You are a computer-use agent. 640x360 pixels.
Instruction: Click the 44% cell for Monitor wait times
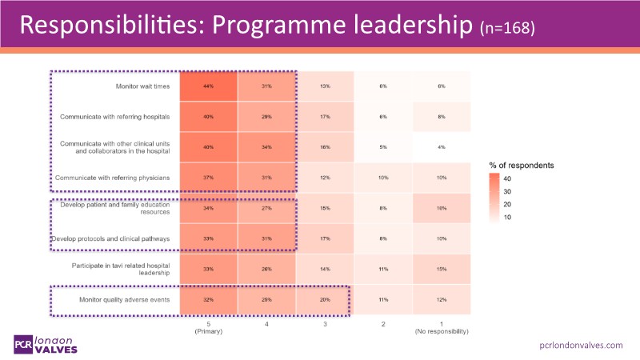click(x=208, y=86)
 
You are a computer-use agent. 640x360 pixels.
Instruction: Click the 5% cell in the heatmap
click(x=382, y=146)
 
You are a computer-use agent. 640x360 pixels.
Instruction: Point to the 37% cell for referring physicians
click(x=208, y=177)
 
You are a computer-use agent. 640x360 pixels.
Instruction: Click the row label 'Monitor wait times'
click(x=142, y=86)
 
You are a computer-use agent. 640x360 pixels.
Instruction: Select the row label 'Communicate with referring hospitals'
click(x=115, y=117)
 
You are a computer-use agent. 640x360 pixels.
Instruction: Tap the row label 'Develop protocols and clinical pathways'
click(x=110, y=238)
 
